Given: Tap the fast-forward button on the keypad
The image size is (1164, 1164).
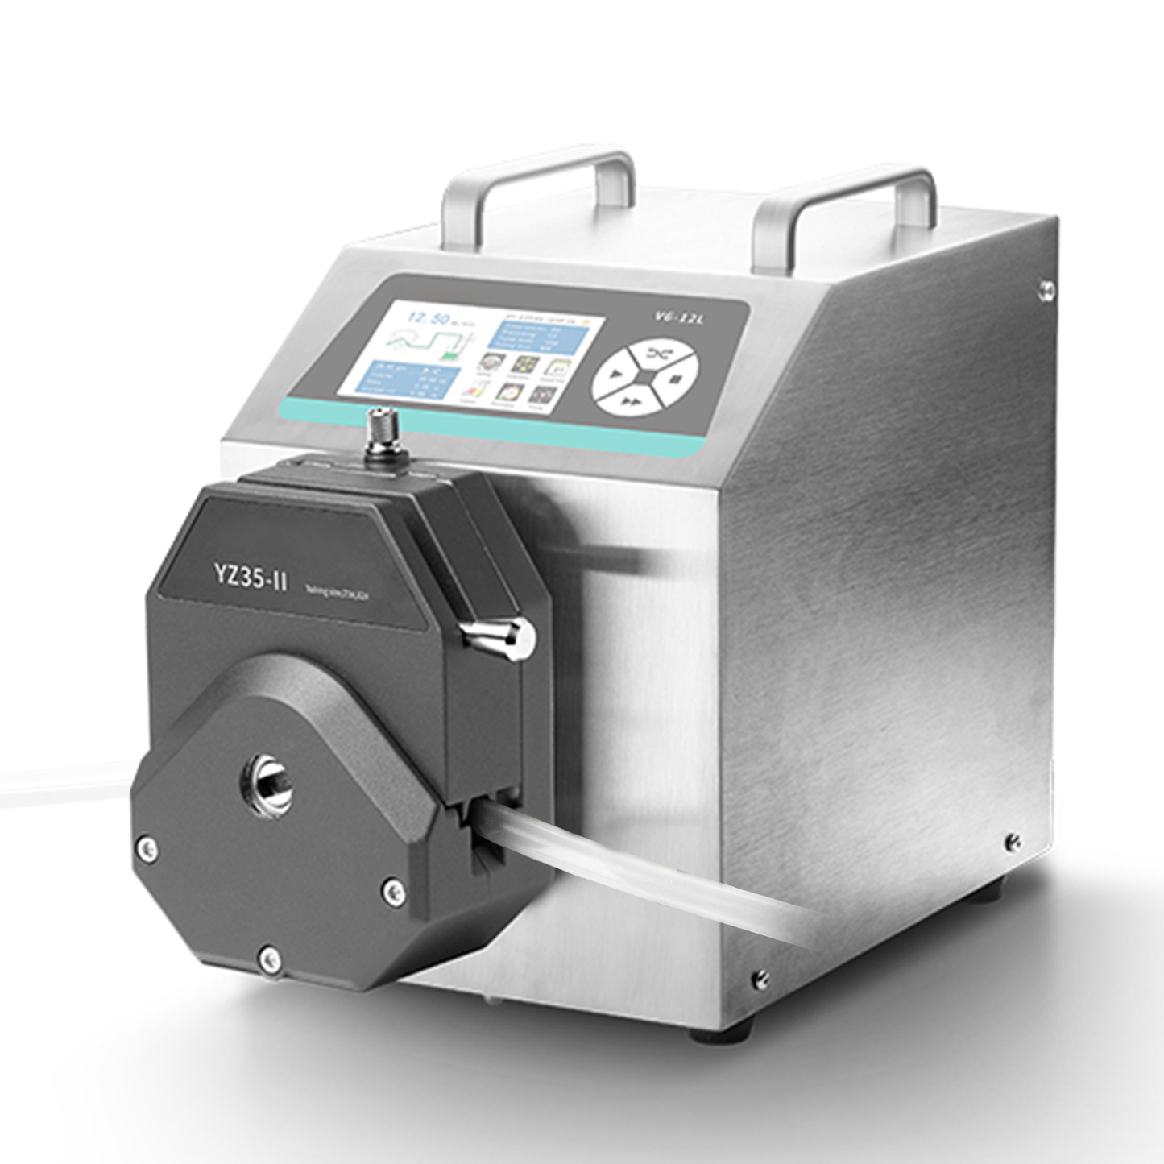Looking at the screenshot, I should [632, 401].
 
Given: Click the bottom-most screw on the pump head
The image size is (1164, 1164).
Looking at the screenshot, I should [269, 957].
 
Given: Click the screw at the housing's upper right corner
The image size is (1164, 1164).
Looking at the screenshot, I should [1046, 286].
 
